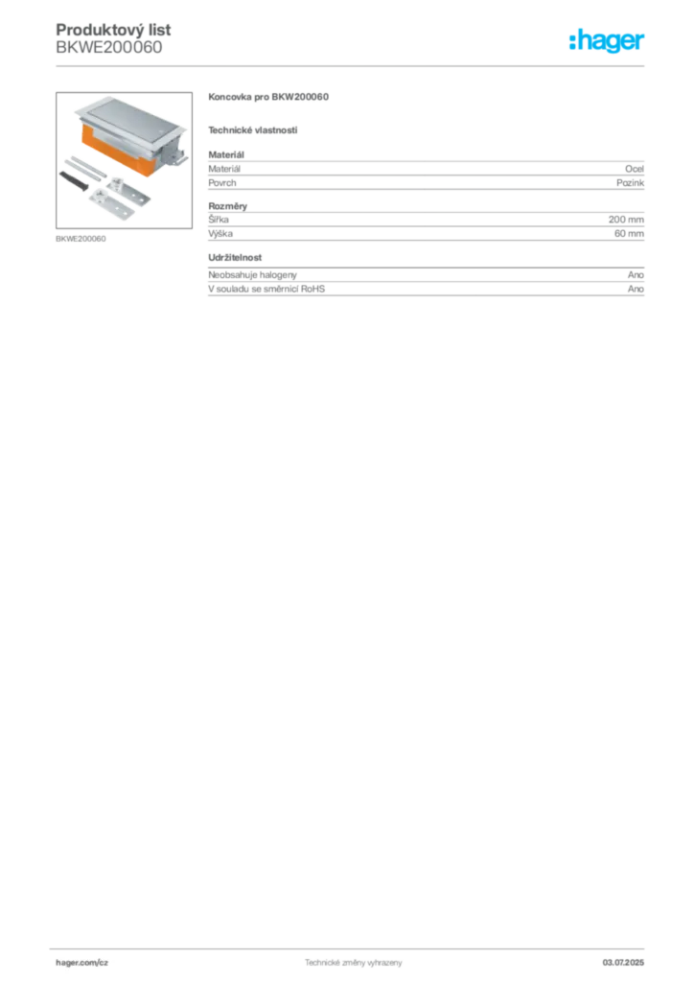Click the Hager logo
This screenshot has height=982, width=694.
pos(606,40)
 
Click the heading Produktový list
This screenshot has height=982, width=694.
pos(113,30)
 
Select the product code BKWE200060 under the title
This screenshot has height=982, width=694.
pos(109,48)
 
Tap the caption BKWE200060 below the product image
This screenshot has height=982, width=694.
pos(81,239)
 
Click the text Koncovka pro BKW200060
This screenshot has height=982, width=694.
pos(268,97)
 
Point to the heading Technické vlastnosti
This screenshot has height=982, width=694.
pos(253,130)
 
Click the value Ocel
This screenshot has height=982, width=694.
pos(635,169)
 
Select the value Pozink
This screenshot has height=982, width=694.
pos(630,183)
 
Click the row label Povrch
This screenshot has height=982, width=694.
pos(222,183)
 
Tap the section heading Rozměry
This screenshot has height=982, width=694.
pos(228,206)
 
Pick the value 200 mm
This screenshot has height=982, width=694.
pos(626,220)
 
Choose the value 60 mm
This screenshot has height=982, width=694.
pos(629,234)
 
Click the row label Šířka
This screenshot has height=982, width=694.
pos(219,220)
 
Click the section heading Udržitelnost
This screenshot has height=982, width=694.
pos(235,257)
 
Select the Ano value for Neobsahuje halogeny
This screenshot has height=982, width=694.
pos(636,275)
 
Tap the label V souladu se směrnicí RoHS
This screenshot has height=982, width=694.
pos(266,289)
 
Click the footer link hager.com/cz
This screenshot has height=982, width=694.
pos(82,963)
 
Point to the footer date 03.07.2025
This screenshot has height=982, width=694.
pos(623,963)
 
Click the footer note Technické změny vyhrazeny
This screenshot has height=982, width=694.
pos(354,963)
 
